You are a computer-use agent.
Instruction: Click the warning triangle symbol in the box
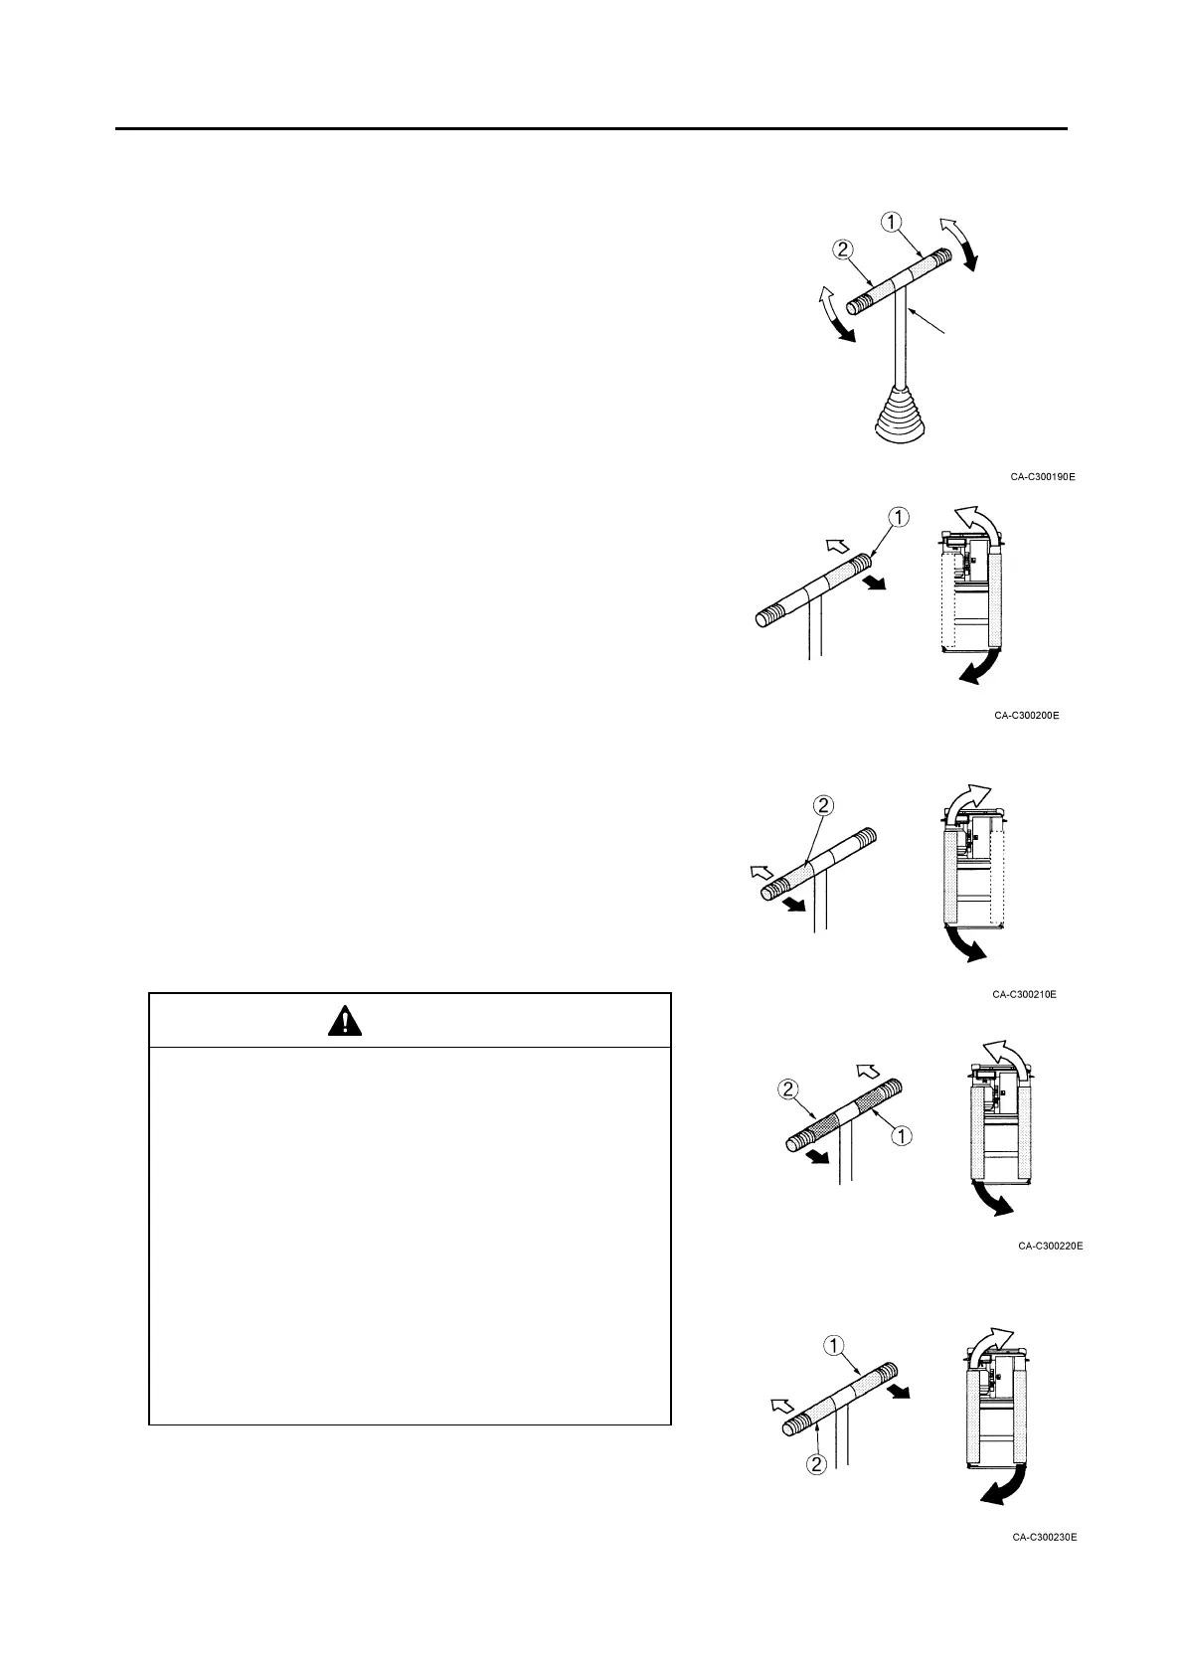(x=344, y=1021)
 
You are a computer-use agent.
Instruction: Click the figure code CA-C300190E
(x=1043, y=477)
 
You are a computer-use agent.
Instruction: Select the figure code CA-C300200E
(x=1026, y=716)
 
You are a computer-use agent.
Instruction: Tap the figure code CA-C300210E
(x=1024, y=994)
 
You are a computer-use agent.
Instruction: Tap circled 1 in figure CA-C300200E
(x=898, y=517)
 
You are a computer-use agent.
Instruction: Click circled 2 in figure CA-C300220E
(x=788, y=1089)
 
